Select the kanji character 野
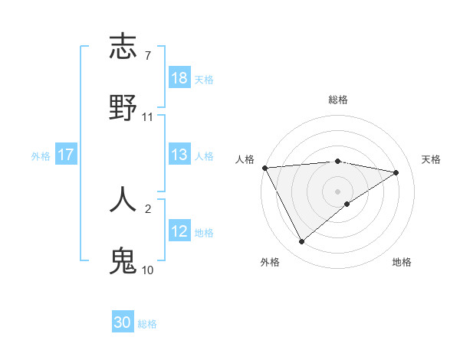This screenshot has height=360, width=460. pyautogui.click(x=123, y=107)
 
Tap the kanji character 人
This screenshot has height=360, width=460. pyautogui.click(x=123, y=198)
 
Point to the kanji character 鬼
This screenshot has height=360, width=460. pyautogui.click(x=123, y=260)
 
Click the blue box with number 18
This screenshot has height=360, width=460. pyautogui.click(x=179, y=78)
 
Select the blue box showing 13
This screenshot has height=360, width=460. pyautogui.click(x=179, y=155)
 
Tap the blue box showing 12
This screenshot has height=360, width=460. pyautogui.click(x=179, y=231)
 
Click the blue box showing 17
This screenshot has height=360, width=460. pyautogui.click(x=66, y=155)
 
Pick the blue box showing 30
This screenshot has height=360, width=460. pyautogui.click(x=123, y=322)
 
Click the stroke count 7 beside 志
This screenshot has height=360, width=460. pyautogui.click(x=147, y=56)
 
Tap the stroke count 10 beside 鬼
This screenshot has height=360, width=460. pyautogui.click(x=147, y=270)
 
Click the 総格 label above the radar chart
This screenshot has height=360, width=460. pyautogui.click(x=338, y=100)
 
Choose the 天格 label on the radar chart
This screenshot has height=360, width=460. pyautogui.click(x=431, y=159)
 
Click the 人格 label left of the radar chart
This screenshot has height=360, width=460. pyautogui.click(x=245, y=159)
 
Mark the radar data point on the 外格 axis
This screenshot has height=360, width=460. pyautogui.click(x=301, y=242)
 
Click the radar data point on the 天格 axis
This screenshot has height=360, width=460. pyautogui.click(x=396, y=172)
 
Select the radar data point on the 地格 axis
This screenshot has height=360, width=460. pyautogui.click(x=347, y=204)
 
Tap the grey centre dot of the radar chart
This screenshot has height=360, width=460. pyautogui.click(x=338, y=191)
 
